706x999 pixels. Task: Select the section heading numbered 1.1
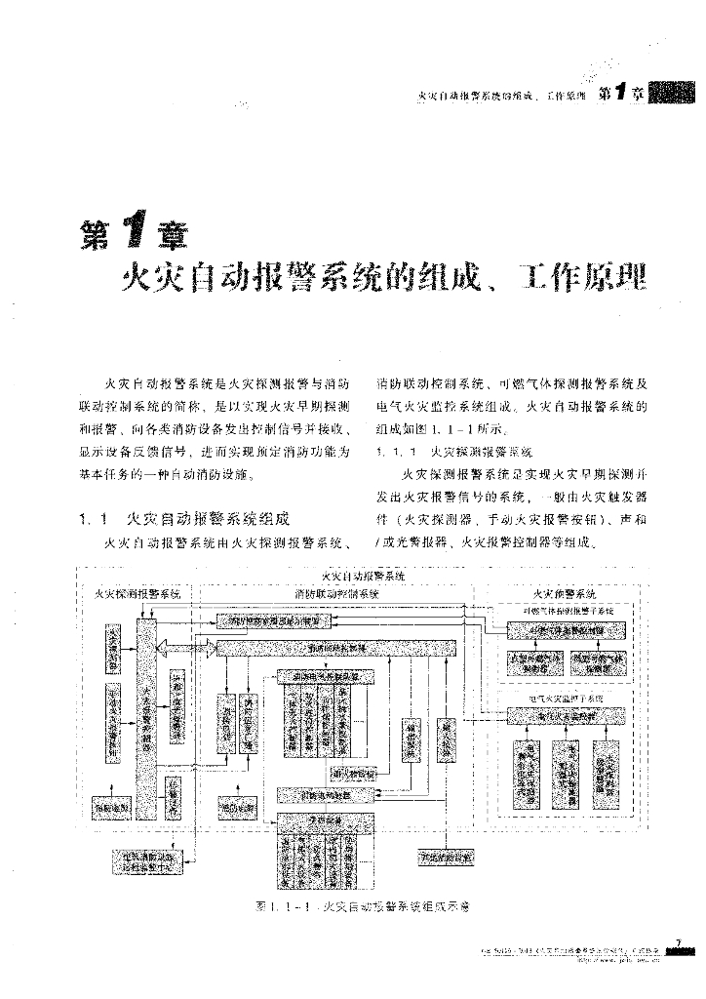[x=185, y=519]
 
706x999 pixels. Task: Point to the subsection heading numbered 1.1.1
[x=453, y=454]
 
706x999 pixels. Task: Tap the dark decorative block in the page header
[x=671, y=94]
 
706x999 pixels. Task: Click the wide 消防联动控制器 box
[x=336, y=648]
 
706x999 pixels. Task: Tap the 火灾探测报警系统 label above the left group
[x=137, y=593]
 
